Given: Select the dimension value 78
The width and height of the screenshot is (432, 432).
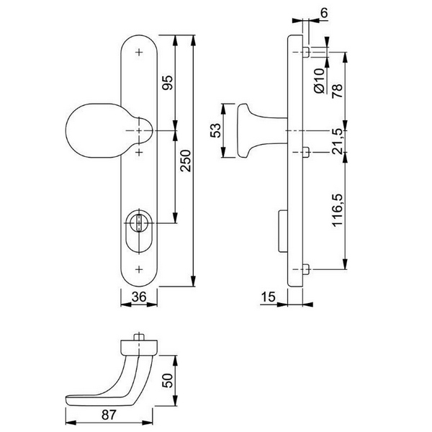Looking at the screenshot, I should pos(337,91).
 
